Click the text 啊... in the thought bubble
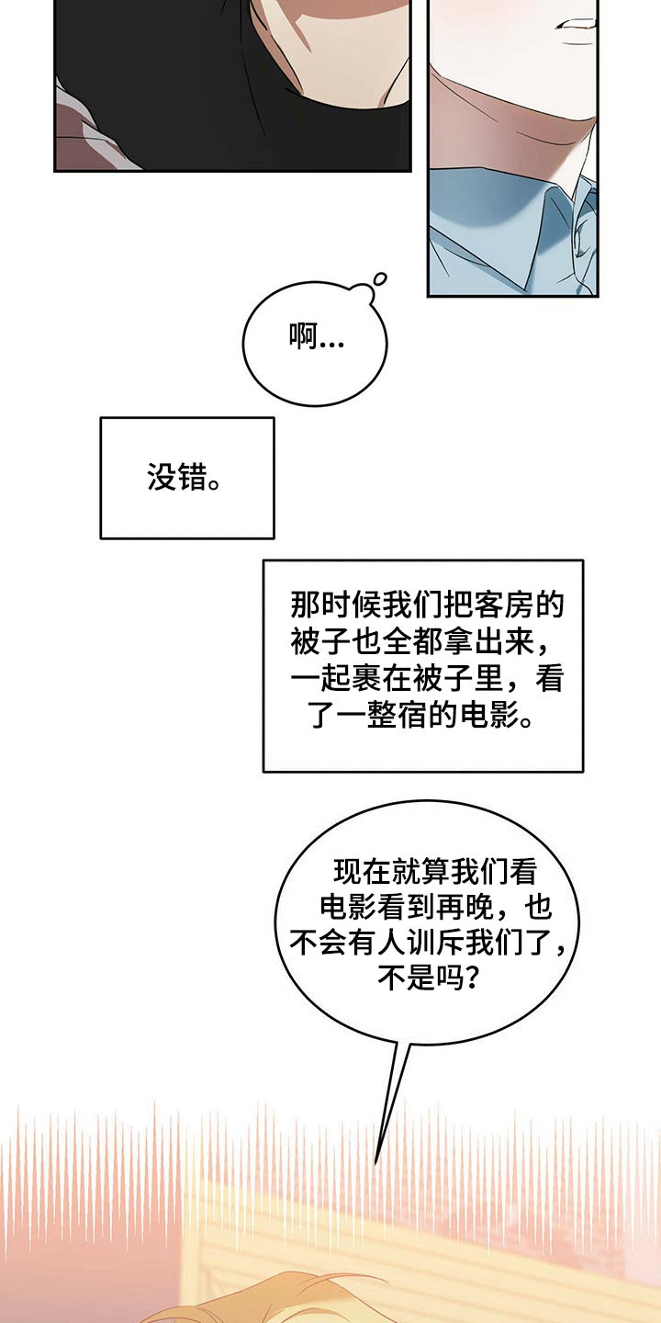point(316,340)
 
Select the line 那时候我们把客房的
point(426,605)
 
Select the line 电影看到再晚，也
point(435,908)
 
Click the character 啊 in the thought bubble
point(302,339)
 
